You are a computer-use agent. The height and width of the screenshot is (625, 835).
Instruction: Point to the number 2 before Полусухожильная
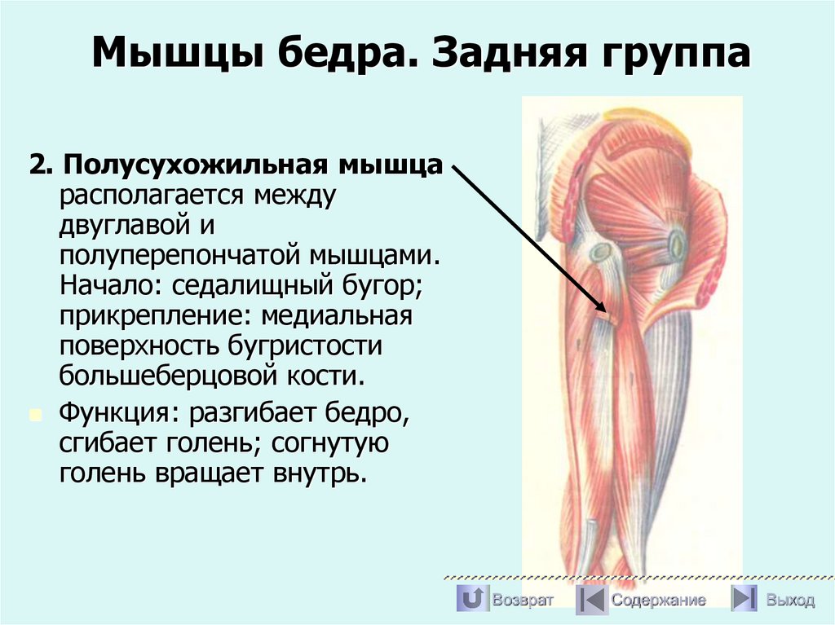(36, 165)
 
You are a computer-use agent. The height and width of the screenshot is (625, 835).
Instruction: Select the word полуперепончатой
(178, 256)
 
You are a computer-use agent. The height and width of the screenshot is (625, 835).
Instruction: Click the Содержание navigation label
(659, 601)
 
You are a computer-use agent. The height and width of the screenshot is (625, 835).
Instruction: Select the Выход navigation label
(790, 601)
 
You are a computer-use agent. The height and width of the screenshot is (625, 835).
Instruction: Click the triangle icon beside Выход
(743, 599)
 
